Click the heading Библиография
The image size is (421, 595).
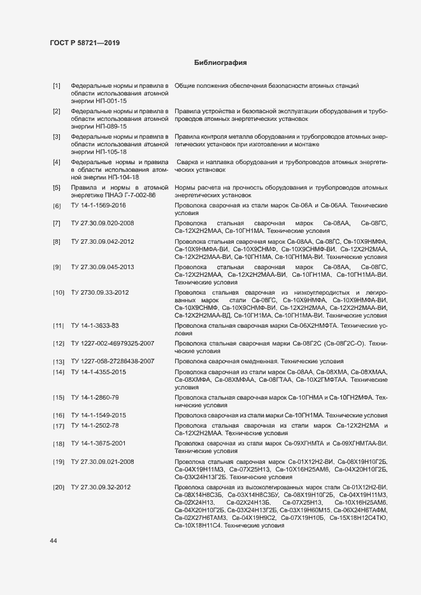click(x=220, y=63)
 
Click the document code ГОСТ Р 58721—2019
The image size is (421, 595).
click(x=85, y=43)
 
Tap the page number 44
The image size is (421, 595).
click(x=54, y=541)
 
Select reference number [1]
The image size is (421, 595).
click(x=57, y=85)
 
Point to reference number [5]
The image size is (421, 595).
click(x=57, y=188)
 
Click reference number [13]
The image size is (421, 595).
click(x=59, y=361)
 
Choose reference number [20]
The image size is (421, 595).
click(x=59, y=487)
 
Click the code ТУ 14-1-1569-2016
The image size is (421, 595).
click(x=98, y=206)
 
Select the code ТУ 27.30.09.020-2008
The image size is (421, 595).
click(x=103, y=223)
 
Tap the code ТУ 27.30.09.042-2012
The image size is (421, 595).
click(x=103, y=242)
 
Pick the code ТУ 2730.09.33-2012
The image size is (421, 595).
click(x=100, y=292)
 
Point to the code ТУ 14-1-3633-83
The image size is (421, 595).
click(x=95, y=326)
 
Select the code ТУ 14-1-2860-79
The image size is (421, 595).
click(x=95, y=398)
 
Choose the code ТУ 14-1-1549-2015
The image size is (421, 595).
click(x=98, y=416)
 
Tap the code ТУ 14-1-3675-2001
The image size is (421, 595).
click(x=98, y=443)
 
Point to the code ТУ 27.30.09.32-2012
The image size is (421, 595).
click(x=101, y=487)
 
